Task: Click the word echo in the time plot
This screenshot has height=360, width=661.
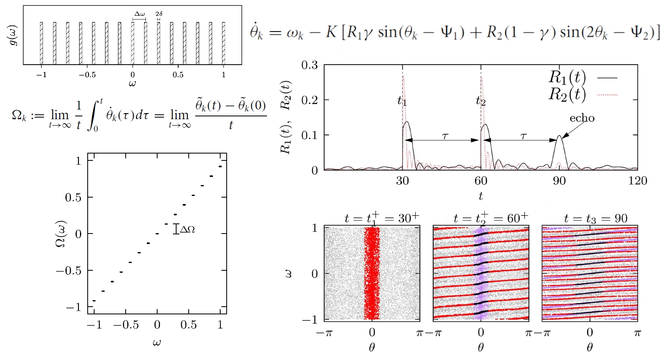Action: [582, 118]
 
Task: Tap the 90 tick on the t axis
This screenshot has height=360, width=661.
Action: [559, 181]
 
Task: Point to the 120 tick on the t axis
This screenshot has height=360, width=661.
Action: [637, 181]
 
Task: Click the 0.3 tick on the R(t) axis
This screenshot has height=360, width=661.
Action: [309, 65]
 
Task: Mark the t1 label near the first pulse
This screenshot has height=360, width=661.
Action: [402, 101]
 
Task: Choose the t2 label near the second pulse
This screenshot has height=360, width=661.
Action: [480, 101]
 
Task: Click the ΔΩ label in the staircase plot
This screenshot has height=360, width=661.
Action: [187, 229]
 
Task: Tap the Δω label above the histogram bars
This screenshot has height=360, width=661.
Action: [139, 14]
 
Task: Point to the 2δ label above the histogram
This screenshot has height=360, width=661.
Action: [159, 14]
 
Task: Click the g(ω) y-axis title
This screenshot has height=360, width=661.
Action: [13, 36]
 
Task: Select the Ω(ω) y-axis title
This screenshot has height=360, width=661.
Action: [61, 234]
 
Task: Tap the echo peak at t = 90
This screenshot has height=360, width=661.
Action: [559, 137]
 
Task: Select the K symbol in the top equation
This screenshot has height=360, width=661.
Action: [331, 32]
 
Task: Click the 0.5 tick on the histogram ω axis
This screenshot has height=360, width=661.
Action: [178, 75]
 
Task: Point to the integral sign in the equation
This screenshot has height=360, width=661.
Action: [93, 116]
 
